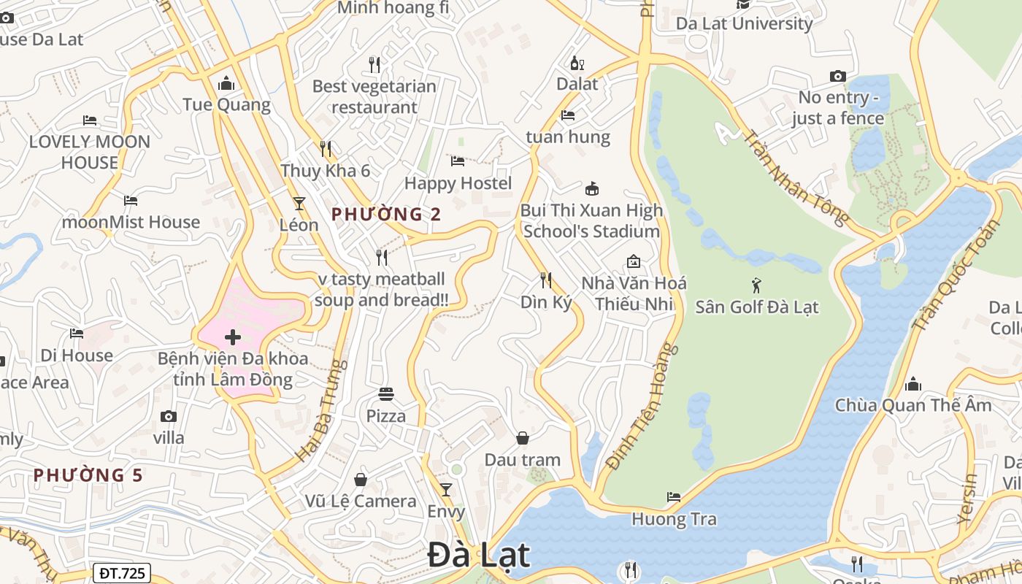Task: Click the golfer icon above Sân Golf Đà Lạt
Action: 756,285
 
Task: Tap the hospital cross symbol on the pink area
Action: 233,337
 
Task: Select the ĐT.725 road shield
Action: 121,573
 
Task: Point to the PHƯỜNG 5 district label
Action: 88,475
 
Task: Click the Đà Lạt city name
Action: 478,555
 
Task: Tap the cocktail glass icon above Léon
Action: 299,203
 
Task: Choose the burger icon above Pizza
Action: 386,394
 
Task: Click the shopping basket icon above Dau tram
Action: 523,438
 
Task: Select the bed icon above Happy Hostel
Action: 458,161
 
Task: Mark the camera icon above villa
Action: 169,416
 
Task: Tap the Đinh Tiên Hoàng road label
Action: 642,407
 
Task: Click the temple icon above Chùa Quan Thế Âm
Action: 912,384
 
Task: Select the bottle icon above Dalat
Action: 577,63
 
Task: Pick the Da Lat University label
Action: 744,23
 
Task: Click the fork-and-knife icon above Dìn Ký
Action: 545,280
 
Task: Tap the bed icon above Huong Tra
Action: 674,497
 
